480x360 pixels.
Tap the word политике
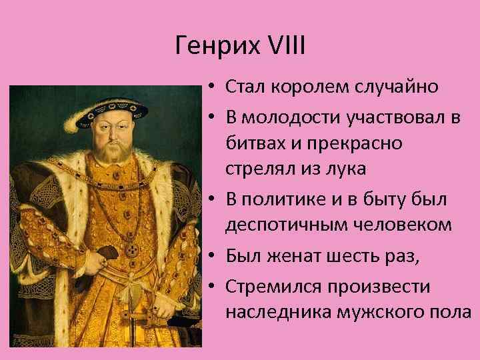(x=289, y=199)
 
